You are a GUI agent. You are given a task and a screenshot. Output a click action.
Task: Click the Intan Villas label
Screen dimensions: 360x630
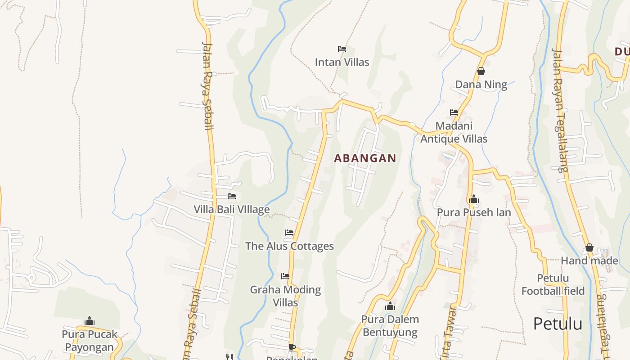(x=342, y=62)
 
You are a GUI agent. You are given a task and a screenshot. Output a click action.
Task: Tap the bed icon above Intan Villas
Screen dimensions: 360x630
(x=342, y=49)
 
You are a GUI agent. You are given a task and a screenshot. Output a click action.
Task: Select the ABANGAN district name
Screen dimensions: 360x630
(x=365, y=158)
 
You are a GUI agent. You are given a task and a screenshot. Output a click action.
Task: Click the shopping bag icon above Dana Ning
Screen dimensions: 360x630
(x=481, y=71)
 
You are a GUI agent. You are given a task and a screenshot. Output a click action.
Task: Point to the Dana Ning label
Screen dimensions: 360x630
(x=481, y=85)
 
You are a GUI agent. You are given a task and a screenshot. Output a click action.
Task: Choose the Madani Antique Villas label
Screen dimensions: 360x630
(x=454, y=132)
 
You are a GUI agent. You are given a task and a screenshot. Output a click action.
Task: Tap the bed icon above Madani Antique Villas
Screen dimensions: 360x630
(x=454, y=112)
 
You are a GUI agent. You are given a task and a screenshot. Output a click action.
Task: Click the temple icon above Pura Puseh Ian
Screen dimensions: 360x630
(x=473, y=199)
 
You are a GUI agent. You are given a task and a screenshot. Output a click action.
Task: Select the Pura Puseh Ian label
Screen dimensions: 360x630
(x=474, y=212)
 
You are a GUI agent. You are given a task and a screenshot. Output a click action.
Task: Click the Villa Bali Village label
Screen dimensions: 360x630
(x=232, y=209)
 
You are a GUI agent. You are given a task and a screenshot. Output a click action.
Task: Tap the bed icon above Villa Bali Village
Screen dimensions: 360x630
(x=232, y=196)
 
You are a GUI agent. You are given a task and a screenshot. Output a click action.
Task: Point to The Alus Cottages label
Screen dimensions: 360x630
(x=289, y=246)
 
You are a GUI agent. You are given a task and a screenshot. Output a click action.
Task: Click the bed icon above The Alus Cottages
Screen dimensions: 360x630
(x=289, y=233)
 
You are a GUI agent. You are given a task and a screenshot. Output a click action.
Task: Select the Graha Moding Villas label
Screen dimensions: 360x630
(x=285, y=296)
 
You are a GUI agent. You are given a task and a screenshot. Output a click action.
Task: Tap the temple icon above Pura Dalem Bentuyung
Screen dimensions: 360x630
(x=390, y=306)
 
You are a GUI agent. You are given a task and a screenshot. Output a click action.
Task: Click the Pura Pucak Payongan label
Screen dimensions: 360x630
(x=90, y=341)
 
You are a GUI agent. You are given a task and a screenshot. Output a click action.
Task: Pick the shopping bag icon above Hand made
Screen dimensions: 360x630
(x=589, y=247)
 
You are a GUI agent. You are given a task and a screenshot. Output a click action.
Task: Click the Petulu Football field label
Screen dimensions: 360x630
(x=553, y=284)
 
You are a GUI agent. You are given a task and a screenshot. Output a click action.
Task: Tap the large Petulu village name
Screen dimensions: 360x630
(x=558, y=324)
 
